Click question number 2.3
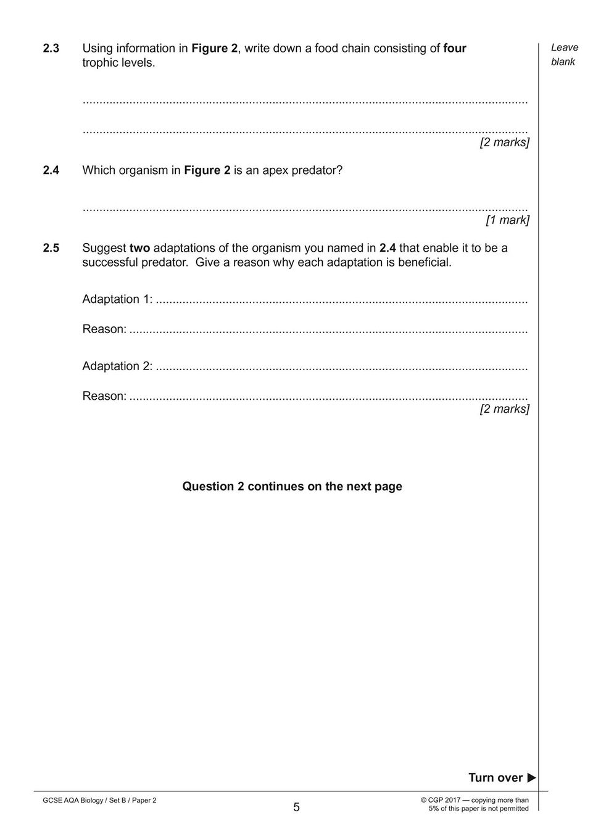coord(51,48)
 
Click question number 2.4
coord(51,170)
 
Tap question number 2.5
coord(51,248)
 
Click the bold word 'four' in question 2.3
coord(455,48)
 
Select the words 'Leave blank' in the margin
coord(564,54)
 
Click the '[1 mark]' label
coord(507,220)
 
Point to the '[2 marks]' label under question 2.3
coord(504,143)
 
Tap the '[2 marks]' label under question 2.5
coord(504,409)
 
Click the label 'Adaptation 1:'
coord(117,299)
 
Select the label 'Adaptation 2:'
coord(117,366)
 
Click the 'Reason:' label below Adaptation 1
coord(104,329)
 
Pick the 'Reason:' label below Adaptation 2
coord(104,396)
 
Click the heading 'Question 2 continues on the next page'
coord(292,486)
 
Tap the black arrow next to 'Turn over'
coord(531,778)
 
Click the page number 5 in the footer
coord(296,807)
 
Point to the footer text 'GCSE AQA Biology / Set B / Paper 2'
coord(99,800)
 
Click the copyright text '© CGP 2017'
coord(441,800)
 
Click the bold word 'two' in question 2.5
coord(139,248)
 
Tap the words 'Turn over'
coord(495,778)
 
